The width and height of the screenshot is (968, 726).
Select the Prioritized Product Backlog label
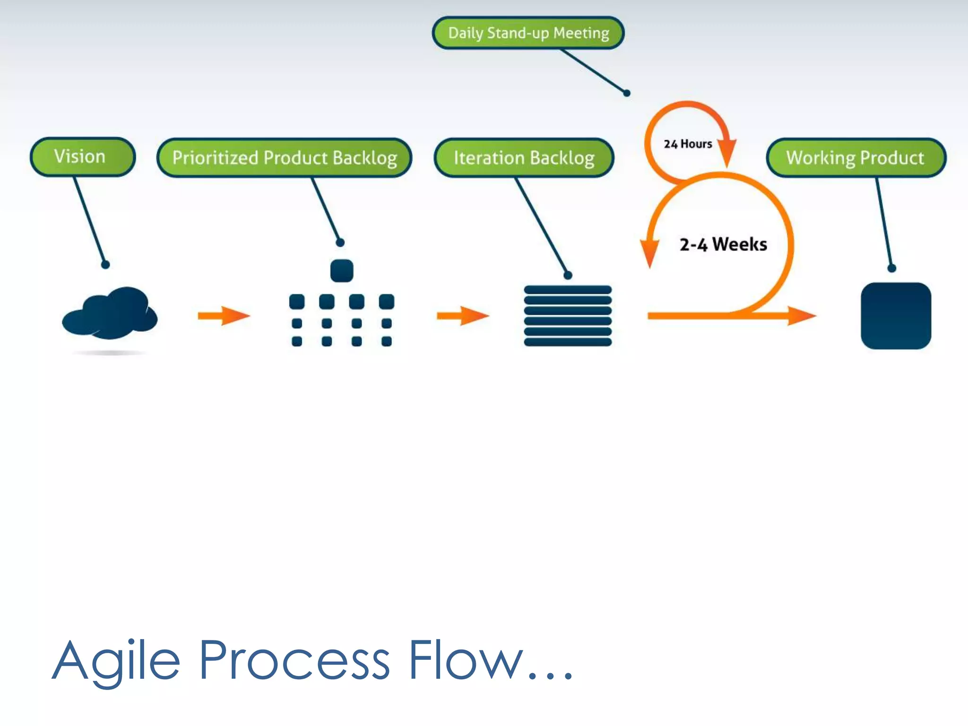coord(284,158)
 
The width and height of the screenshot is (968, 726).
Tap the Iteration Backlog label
coord(524,158)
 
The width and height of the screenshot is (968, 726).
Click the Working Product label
coord(856,158)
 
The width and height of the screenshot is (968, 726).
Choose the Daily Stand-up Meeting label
coord(528,33)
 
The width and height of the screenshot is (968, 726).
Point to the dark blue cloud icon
coord(110,313)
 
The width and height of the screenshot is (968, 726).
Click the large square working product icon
coord(896,316)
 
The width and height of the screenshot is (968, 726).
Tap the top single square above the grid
coord(342,271)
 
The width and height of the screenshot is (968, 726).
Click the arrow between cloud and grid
coord(224,316)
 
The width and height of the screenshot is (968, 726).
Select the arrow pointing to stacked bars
coord(463,316)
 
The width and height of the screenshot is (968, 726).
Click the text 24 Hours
coord(688,144)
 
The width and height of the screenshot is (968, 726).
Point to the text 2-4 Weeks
coord(723,245)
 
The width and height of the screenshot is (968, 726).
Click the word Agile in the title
coord(116,661)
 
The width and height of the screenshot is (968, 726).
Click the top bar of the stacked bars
coord(568,290)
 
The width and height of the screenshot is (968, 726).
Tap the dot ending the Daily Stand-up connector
coord(627,93)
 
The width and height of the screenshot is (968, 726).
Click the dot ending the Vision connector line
coord(105,265)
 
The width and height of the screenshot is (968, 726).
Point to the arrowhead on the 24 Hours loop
coord(727,152)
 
